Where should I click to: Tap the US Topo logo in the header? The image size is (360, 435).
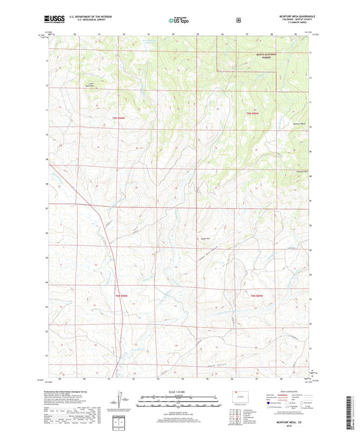pyautogui.click(x=179, y=20)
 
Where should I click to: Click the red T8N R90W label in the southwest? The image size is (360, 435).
pyautogui.click(x=121, y=296)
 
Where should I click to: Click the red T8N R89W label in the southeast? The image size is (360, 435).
pyautogui.click(x=255, y=296)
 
